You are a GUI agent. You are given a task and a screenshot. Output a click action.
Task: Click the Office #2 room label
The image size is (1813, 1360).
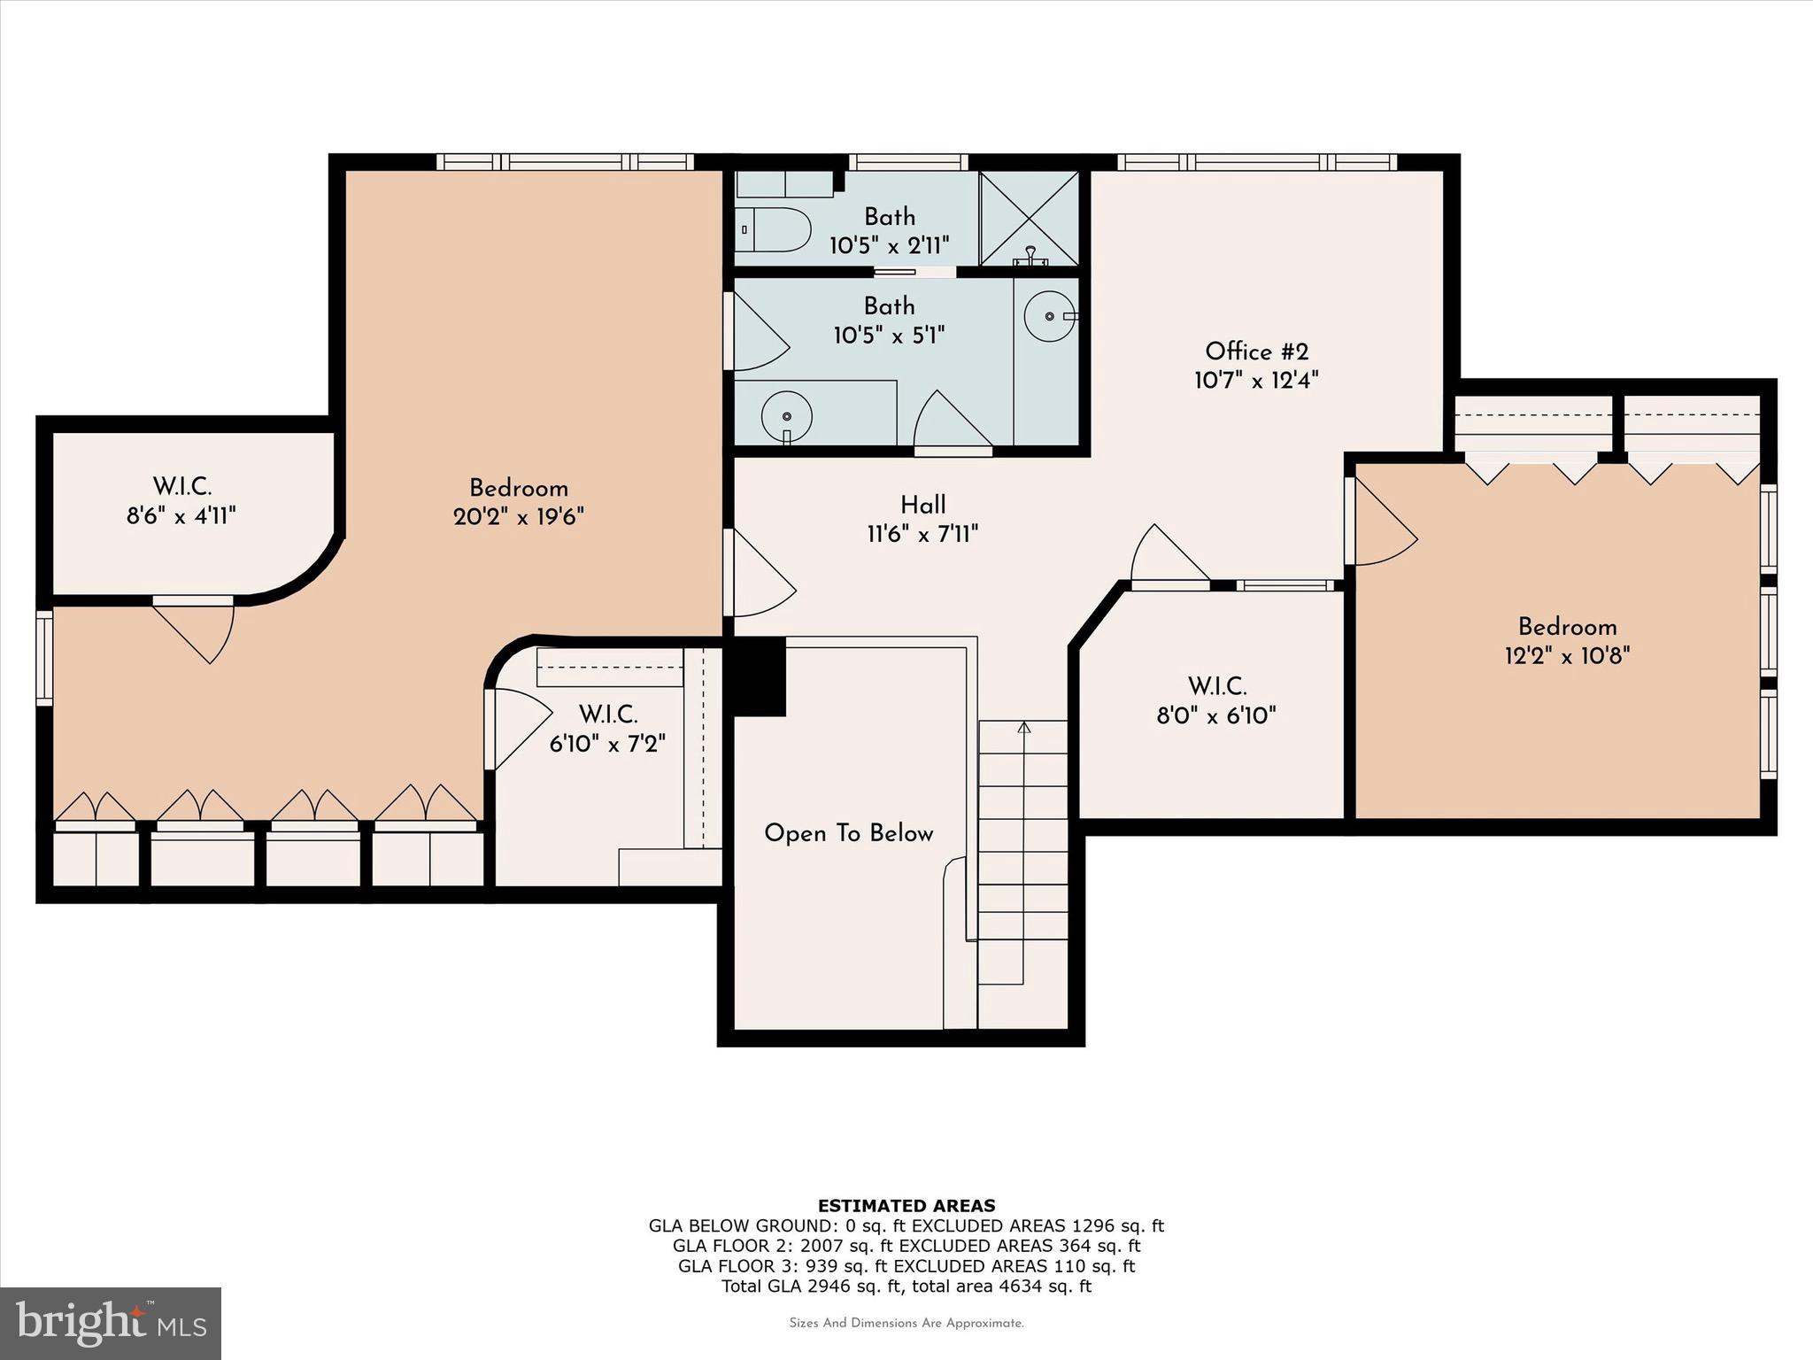point(1256,352)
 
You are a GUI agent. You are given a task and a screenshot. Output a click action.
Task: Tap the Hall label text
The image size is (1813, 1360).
point(923,505)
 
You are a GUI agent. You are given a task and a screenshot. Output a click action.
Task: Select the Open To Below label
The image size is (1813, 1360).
point(848,833)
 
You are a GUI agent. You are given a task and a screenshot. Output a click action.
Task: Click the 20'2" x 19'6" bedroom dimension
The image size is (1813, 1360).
point(518,516)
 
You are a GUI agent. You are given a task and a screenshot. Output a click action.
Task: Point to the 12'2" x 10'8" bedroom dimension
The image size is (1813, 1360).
point(1567,655)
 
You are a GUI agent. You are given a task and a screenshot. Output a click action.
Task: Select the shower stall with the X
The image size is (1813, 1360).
point(1030,218)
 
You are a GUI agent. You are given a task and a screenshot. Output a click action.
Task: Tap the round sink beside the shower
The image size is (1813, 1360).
point(1050,316)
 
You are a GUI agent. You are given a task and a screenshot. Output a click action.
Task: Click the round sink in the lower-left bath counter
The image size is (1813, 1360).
point(786,415)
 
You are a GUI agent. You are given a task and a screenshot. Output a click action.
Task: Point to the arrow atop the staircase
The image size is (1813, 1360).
point(1024,729)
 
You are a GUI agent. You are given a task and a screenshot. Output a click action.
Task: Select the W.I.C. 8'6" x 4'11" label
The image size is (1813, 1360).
point(181,500)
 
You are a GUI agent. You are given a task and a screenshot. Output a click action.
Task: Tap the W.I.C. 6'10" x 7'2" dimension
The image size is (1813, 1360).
point(607,743)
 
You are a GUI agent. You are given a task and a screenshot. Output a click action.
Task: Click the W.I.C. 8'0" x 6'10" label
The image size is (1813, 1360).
point(1216,700)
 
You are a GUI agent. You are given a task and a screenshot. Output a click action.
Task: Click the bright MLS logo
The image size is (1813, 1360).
point(111,1323)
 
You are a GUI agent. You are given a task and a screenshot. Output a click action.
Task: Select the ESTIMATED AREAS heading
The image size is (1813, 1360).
point(906,1205)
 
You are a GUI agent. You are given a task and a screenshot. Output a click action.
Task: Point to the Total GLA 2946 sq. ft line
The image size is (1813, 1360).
point(906,1287)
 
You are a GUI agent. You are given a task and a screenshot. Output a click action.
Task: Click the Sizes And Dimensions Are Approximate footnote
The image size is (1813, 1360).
point(906,1323)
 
